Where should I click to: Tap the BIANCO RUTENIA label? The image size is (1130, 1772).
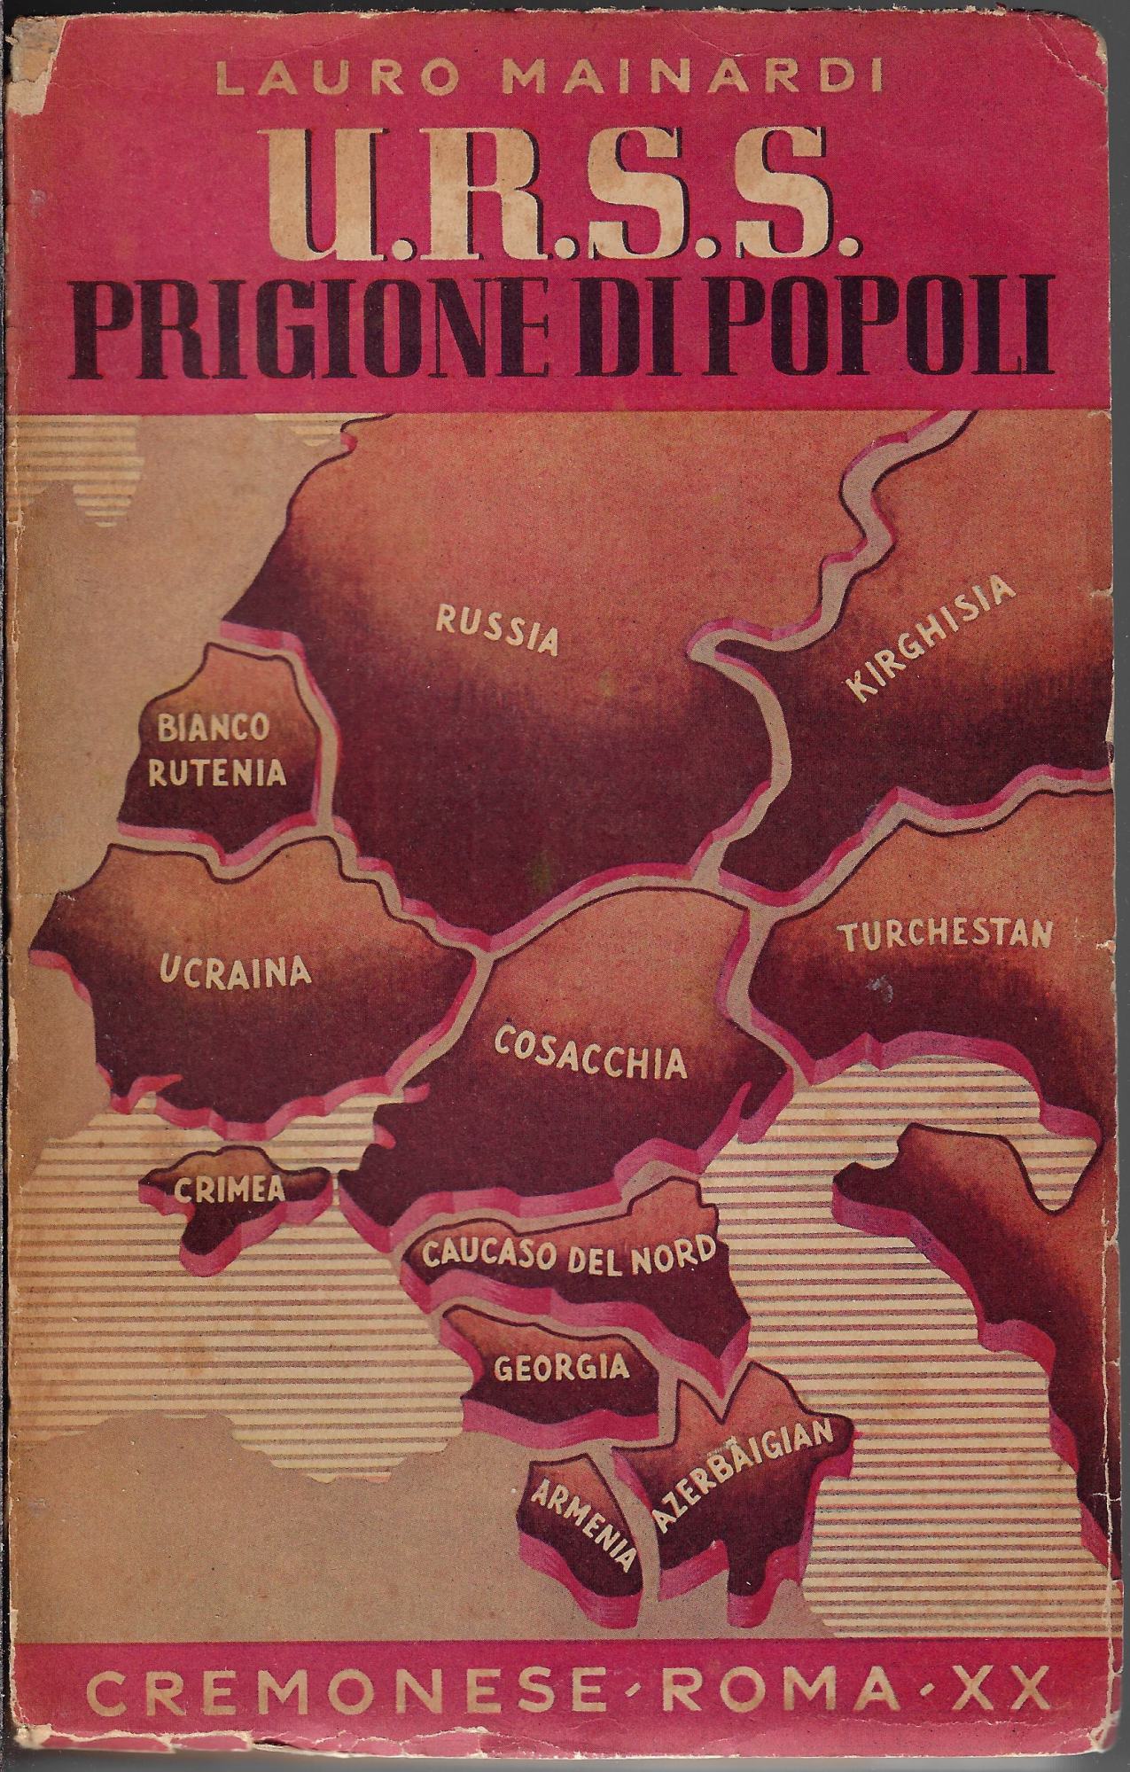coord(217,753)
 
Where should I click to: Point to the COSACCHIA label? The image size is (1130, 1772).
coord(590,1054)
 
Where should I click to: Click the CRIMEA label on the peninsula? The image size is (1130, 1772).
coord(230,1189)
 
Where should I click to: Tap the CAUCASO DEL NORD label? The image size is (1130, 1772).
coord(568,1253)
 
